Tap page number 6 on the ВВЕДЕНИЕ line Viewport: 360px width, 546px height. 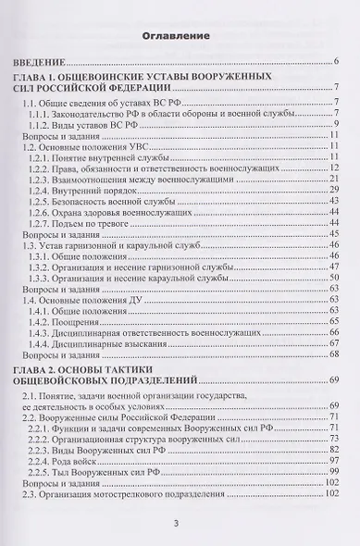(337, 62)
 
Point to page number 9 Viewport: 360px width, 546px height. (337, 125)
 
